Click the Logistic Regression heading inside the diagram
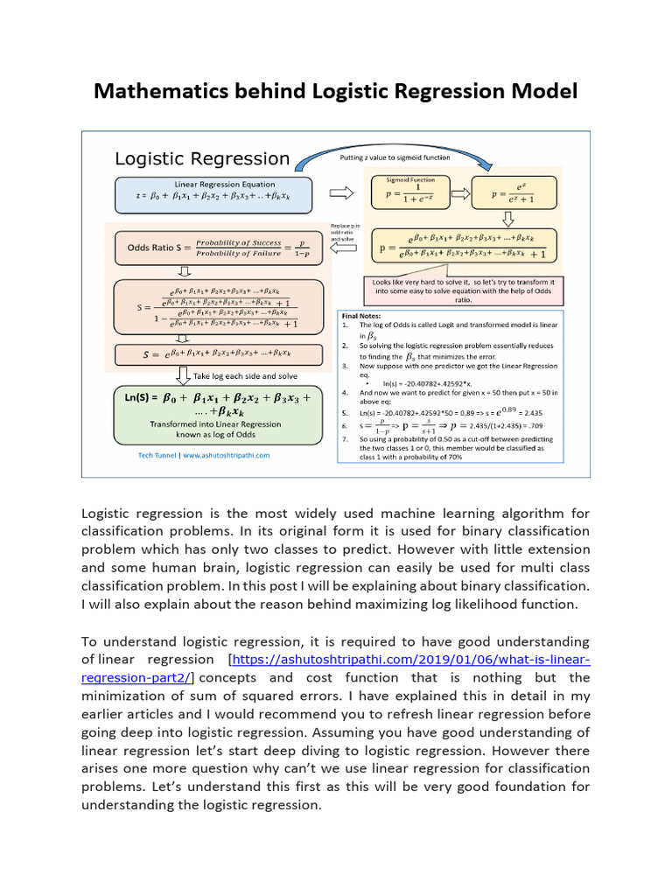(202, 159)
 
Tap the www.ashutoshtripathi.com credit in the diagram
(205, 455)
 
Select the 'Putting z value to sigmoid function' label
(395, 157)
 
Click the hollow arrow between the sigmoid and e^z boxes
(457, 193)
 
